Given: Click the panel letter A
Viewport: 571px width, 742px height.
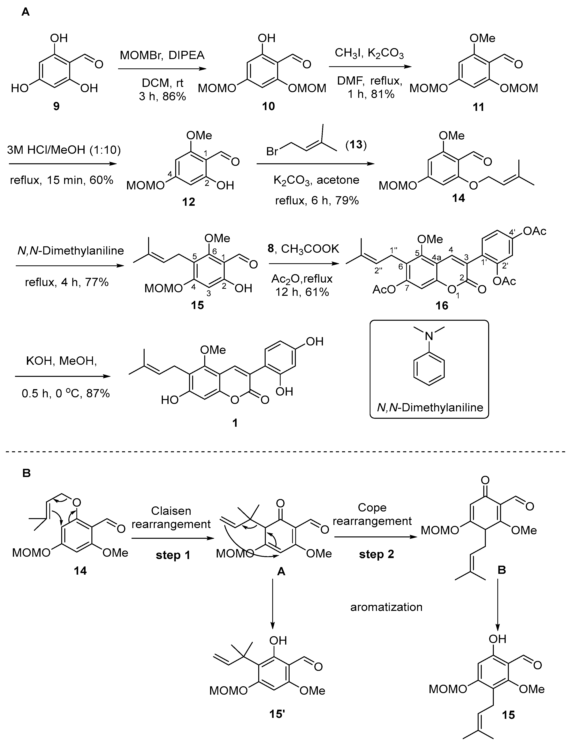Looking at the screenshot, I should point(26,13).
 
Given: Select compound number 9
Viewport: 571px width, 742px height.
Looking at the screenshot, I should point(56,106).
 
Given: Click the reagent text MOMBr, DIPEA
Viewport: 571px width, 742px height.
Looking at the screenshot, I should point(162,55).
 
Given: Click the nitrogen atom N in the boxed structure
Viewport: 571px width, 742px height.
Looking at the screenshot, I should point(430,336).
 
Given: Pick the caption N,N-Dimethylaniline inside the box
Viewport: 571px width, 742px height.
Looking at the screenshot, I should point(430,407).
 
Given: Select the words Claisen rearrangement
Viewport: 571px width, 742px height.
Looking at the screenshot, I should point(171,517).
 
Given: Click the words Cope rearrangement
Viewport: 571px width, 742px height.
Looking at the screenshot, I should point(372,514).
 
